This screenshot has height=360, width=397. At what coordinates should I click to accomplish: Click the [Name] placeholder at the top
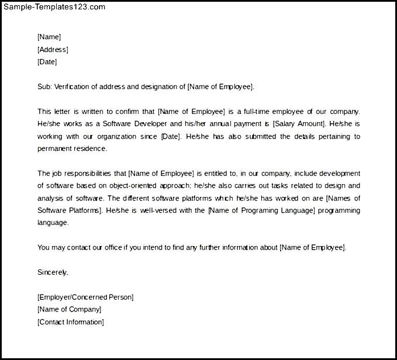point(49,37)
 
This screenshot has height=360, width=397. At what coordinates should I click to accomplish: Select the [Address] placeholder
point(53,50)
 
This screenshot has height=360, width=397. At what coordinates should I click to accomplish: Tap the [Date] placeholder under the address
point(47,62)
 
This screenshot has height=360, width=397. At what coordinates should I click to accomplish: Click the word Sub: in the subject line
point(44,86)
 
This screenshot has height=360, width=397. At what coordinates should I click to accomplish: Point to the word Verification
point(74,86)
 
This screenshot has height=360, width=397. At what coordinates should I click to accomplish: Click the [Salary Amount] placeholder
point(299,124)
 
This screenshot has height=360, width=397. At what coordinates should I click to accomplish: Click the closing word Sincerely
point(53,272)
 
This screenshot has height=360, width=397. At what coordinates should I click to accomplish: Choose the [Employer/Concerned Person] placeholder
point(85,297)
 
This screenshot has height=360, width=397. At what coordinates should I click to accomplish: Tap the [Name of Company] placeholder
point(69,309)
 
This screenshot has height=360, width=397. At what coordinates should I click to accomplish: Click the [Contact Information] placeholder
point(70,322)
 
